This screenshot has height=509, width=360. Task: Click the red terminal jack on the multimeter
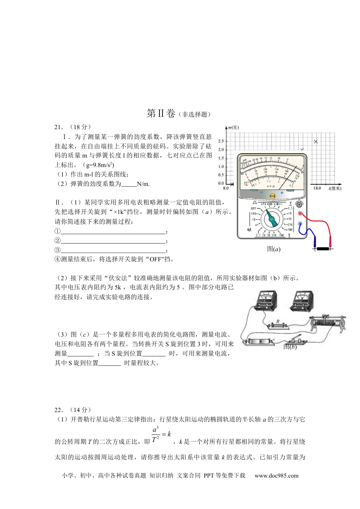click(300, 214)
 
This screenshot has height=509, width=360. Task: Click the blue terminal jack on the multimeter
click(300, 224)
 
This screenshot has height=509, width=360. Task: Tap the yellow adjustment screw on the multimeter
click(272, 196)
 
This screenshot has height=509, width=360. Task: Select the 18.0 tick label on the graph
click(317, 188)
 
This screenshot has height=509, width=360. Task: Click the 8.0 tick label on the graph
click(226, 188)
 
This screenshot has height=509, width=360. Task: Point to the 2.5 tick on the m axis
click(221, 141)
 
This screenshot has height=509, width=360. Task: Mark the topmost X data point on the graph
click(316, 142)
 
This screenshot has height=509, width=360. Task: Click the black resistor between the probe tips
click(322, 249)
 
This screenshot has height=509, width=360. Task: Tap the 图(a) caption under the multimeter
click(274, 249)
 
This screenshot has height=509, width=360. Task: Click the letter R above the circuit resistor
click(278, 322)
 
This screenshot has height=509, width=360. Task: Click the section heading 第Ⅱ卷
click(161, 113)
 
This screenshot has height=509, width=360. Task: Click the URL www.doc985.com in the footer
click(276, 476)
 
